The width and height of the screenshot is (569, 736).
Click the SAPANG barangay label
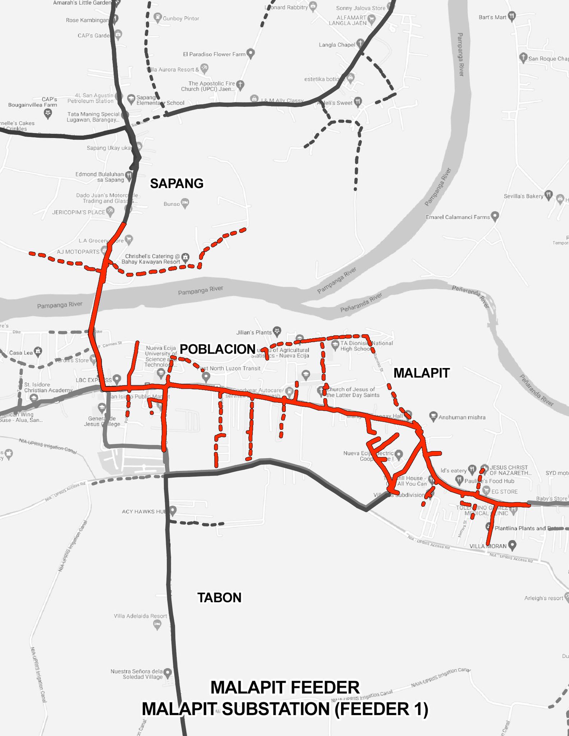176,183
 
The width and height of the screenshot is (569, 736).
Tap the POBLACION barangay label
217,349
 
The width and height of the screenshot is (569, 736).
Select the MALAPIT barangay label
421,373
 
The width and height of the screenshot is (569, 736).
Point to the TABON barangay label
219,597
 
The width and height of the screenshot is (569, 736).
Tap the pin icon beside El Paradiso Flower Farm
251,54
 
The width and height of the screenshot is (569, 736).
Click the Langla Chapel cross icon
360,43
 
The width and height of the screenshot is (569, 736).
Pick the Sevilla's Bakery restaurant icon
549,195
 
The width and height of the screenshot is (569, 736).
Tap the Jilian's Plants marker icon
277,330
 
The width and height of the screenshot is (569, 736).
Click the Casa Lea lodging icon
38,351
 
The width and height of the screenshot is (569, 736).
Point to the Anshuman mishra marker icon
433,417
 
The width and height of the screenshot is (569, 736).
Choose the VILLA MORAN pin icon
512,545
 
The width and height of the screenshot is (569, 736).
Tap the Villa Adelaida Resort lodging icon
157,626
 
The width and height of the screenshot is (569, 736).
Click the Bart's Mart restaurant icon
512,16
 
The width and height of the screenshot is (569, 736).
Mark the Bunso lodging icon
185,203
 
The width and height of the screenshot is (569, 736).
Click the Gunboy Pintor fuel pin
157,17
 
